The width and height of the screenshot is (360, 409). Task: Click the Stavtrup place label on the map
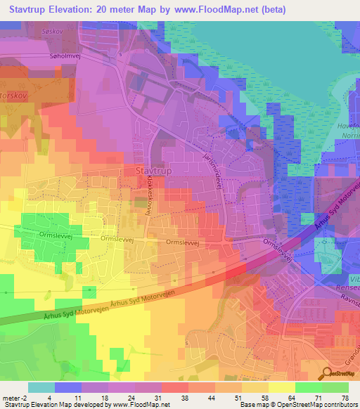click(x=148, y=170)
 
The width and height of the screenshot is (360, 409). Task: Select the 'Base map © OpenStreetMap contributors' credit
click(x=297, y=405)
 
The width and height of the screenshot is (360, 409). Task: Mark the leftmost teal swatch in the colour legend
click(x=41, y=387)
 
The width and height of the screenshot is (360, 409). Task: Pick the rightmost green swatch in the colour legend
click(x=335, y=387)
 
